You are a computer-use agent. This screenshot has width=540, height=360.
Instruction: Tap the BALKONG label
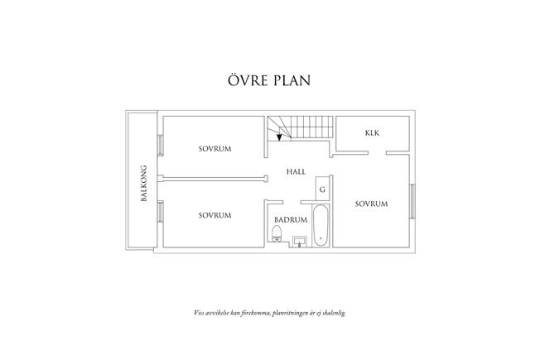(x=143, y=182)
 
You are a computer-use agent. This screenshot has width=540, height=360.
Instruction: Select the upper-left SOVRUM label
(x=215, y=149)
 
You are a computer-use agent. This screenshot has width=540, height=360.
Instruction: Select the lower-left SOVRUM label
(x=215, y=215)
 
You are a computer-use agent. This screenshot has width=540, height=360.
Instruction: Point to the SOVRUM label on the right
(x=372, y=204)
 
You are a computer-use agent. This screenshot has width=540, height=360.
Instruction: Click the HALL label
(x=296, y=172)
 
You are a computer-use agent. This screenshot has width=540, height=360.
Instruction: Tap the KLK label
(x=372, y=133)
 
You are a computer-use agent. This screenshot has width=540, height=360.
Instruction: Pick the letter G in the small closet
(x=322, y=190)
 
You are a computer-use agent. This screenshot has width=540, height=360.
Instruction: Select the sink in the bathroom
(x=300, y=241)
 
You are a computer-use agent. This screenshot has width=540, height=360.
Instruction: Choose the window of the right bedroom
(x=411, y=201)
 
